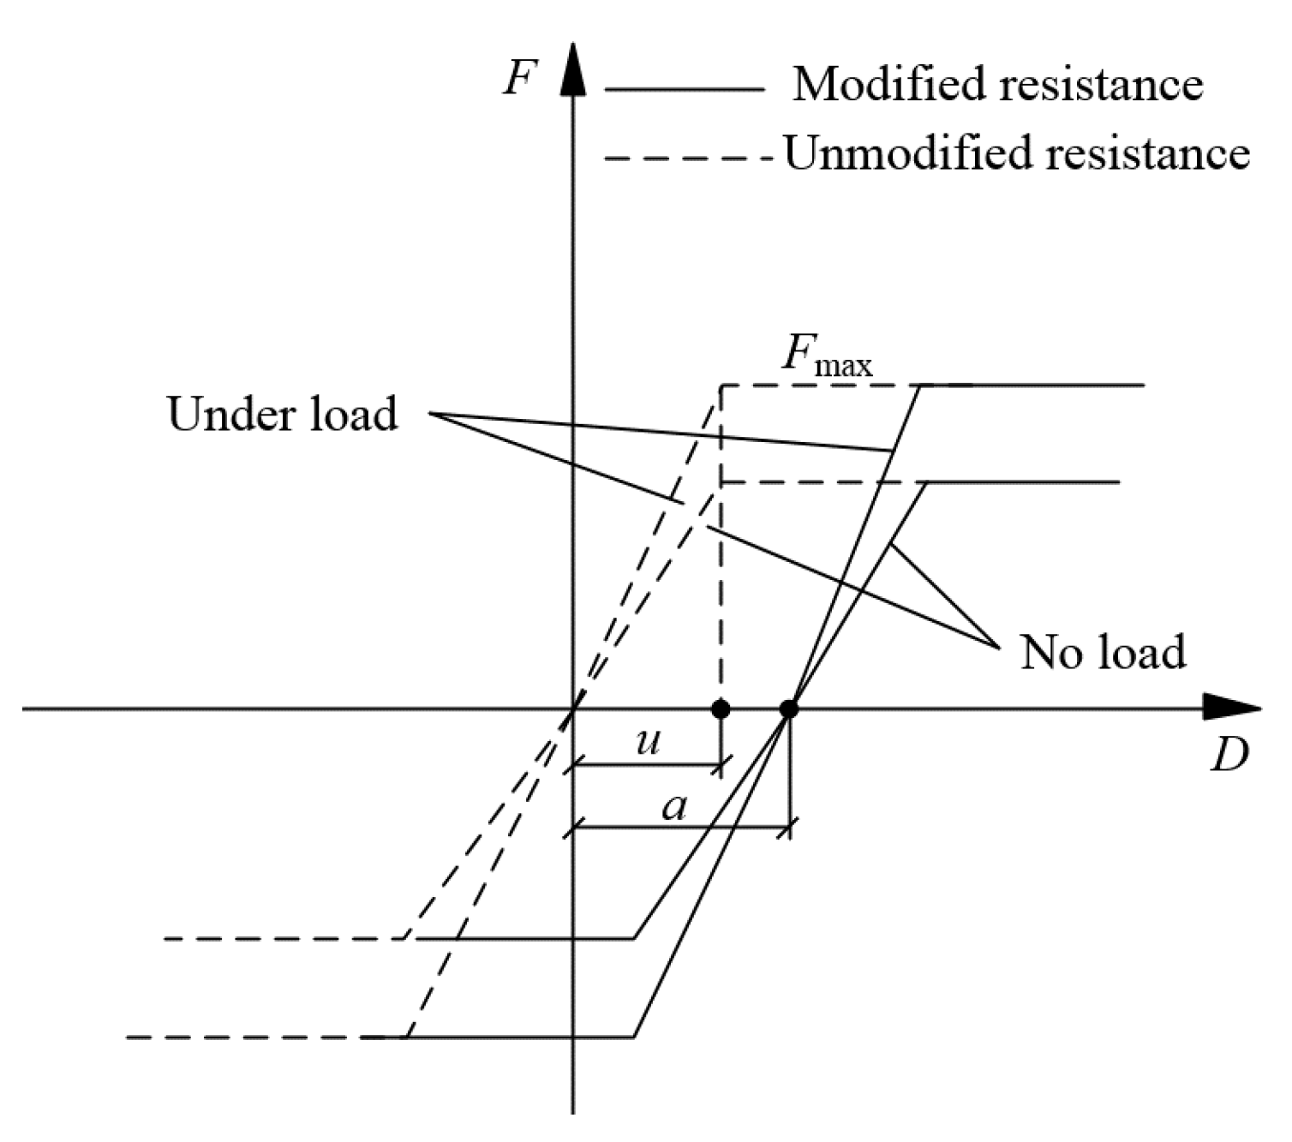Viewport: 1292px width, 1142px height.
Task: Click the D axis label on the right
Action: pos(1229,755)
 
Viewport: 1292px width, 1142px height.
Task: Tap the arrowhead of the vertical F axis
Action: pos(573,68)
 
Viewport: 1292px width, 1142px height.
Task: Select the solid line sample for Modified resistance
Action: pos(684,88)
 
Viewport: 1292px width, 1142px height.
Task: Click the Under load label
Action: pos(283,415)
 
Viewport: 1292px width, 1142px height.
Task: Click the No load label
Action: pos(1103,653)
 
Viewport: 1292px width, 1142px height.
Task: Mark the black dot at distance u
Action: pos(721,709)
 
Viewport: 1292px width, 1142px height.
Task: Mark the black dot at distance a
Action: pos(789,709)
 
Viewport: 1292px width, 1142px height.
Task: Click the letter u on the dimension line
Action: pos(649,740)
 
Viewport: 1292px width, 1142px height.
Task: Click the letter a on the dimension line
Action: pos(675,806)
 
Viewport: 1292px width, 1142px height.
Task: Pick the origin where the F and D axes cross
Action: pos(573,709)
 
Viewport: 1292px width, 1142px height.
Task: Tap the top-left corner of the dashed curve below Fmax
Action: pos(721,386)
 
